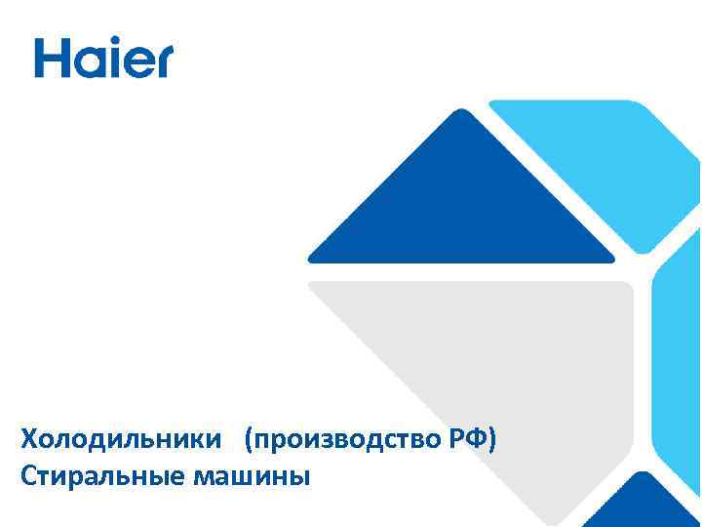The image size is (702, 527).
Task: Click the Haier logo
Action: click(103, 58)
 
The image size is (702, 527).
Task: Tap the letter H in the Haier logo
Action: click(51, 58)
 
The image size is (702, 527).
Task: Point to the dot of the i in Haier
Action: click(111, 43)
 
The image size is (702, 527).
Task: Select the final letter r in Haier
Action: click(162, 62)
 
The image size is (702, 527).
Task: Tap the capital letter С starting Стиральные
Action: click(27, 477)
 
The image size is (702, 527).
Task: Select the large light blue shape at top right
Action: click(604, 166)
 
